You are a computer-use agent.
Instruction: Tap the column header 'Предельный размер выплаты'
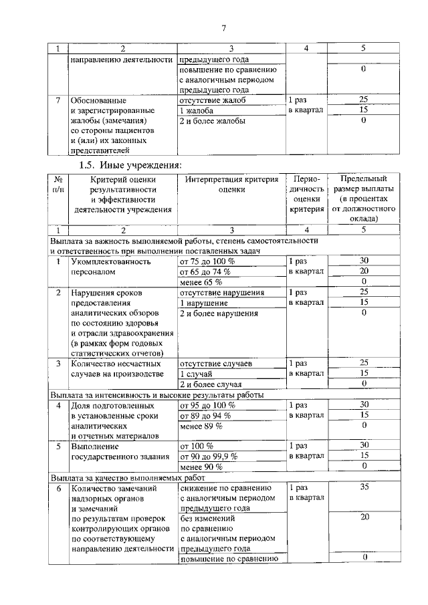[x=363, y=199]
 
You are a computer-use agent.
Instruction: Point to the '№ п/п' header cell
[x=58, y=185]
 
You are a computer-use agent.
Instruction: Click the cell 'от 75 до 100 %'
[x=207, y=261]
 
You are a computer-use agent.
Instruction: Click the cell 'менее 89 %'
[x=201, y=426]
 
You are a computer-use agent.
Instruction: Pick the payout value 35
[x=364, y=487]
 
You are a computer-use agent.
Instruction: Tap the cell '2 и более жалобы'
[x=213, y=121]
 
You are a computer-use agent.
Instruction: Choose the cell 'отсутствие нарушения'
[x=221, y=292]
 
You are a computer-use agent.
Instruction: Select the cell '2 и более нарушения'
[x=219, y=313]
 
